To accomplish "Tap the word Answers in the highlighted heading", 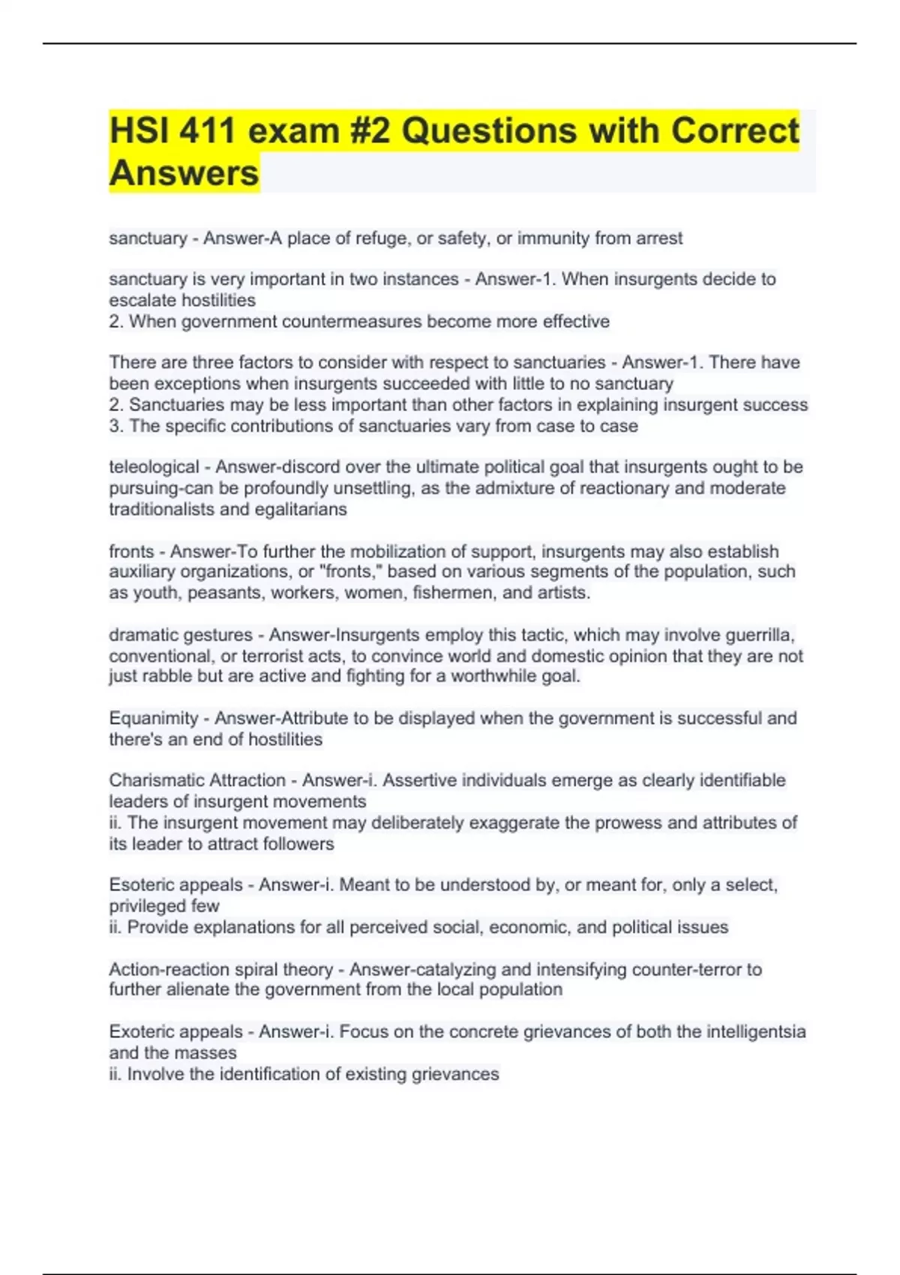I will [x=184, y=173].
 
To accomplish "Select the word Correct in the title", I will [x=735, y=130].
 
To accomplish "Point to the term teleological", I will [x=154, y=467].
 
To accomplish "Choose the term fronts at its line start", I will [x=131, y=551].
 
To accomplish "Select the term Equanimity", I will [x=153, y=718].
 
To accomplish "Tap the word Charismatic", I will [x=159, y=780].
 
